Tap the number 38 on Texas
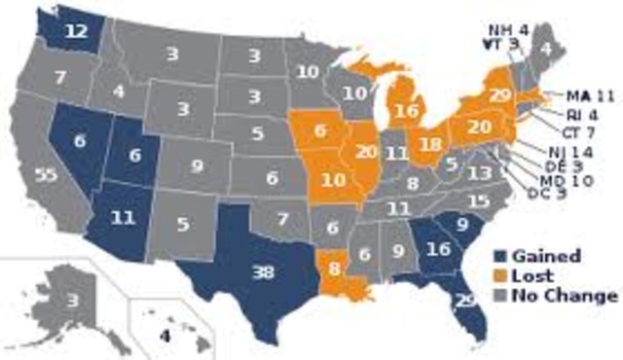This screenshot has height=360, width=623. click(263, 273)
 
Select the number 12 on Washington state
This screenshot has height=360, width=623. click(78, 30)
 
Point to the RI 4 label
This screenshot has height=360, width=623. click(587, 114)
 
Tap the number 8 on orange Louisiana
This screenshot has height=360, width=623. click(337, 266)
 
